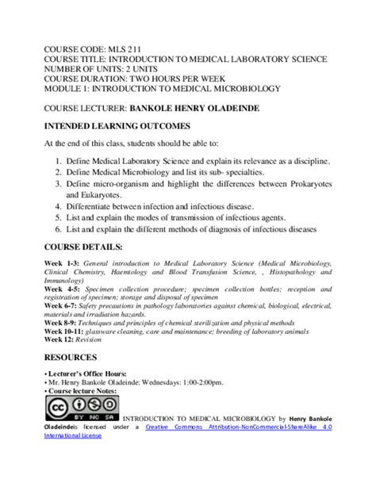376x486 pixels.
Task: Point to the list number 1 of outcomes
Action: pyautogui.click(x=59, y=162)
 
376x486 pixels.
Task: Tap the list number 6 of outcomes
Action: pyautogui.click(x=59, y=230)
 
